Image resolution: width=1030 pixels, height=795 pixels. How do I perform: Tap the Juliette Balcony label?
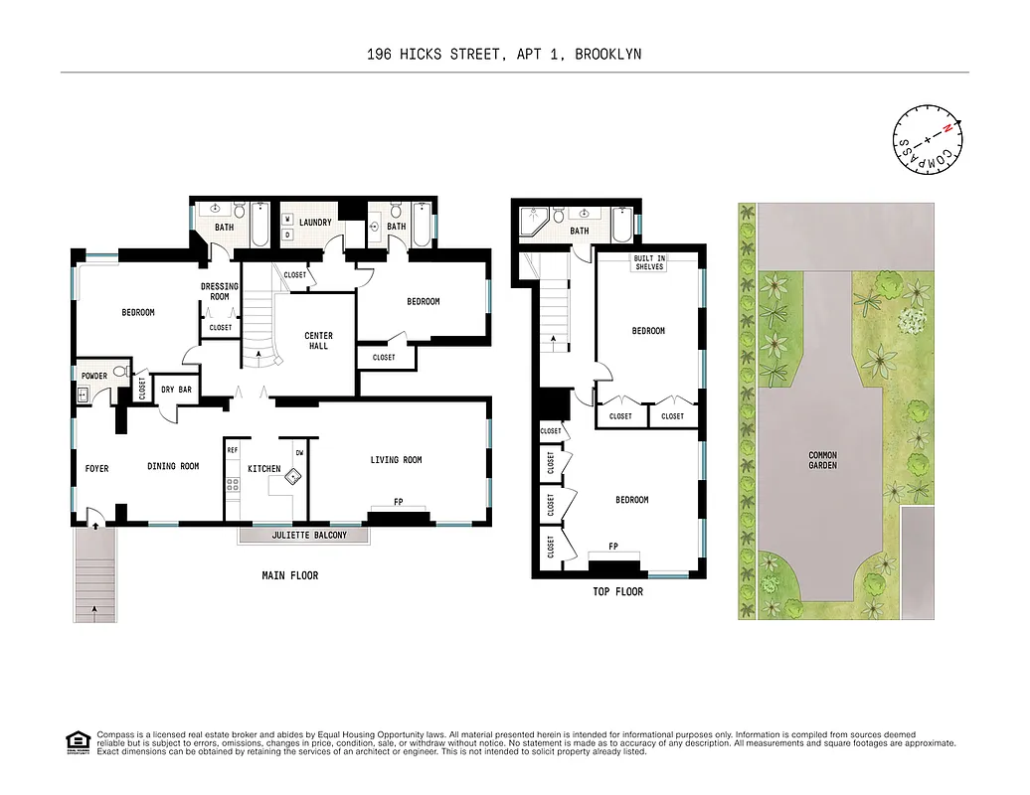coord(303,535)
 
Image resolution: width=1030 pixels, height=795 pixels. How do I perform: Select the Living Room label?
coord(396,460)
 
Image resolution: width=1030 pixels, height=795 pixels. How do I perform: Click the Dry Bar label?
coord(176,390)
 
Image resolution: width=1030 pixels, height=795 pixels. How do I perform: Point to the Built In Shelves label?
coord(649,262)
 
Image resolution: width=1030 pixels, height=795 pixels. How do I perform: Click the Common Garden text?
coord(822,460)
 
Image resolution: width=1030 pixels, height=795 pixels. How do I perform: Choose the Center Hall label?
coord(318,341)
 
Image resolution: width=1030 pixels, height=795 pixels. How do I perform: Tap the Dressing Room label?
coord(220,291)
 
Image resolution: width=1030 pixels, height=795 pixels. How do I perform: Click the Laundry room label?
coord(315,223)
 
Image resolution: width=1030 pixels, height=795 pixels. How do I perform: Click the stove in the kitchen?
coord(233,486)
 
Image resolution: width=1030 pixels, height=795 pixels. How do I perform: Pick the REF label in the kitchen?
coord(233,450)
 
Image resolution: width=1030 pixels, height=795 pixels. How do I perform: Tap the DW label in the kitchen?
coord(299,453)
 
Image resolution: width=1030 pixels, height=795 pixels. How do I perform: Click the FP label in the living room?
coord(398,502)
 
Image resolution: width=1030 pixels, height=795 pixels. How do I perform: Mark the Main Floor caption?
coord(289,575)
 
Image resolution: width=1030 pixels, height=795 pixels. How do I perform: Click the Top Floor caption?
coord(617,591)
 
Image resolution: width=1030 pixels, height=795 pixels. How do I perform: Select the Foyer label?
coord(96,468)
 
